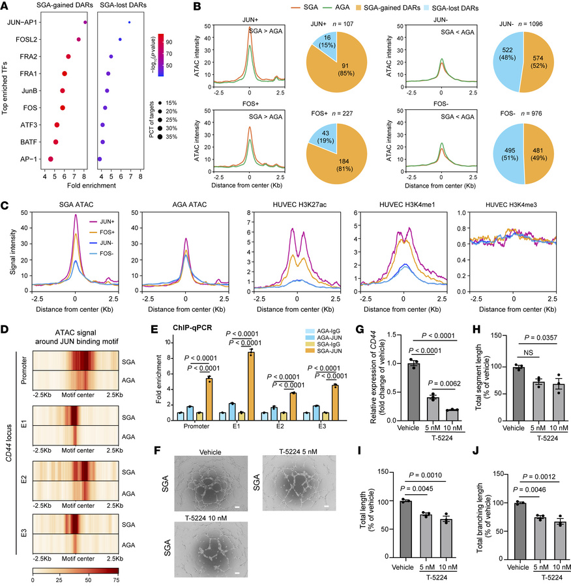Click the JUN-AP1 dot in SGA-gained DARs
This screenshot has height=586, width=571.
(85, 22)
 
